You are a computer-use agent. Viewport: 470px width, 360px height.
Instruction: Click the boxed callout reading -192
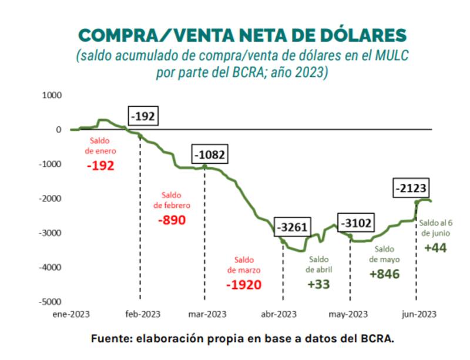coord(143,116)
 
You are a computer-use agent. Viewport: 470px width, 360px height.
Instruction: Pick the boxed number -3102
coord(357,223)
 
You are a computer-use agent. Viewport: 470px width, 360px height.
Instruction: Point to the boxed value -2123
coord(411,189)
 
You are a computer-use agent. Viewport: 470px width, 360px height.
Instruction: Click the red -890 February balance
coord(172,220)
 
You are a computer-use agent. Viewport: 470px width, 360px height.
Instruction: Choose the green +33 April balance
coord(318,284)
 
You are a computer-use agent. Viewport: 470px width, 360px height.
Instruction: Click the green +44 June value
coord(435,247)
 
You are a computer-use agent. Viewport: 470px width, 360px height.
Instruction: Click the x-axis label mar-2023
coord(207,314)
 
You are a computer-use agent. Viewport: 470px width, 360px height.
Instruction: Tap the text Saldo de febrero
coord(172,200)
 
